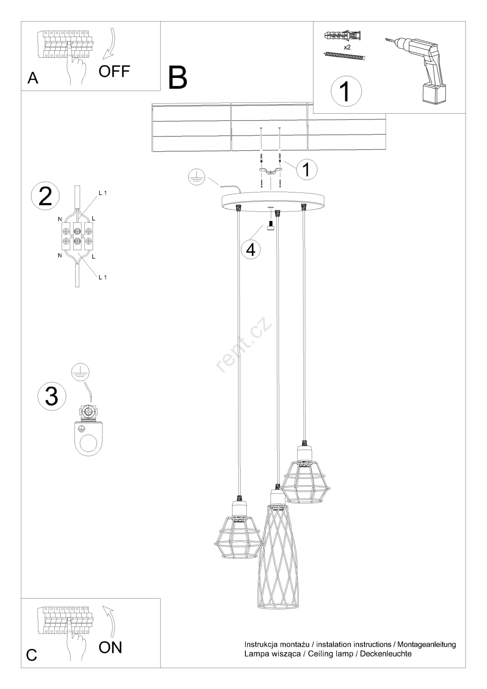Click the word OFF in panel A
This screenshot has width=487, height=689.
coord(114,71)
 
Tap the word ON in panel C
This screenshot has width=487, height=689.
coord(110,647)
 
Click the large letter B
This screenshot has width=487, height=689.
coord(177,78)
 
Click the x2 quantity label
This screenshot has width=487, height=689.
coord(347,47)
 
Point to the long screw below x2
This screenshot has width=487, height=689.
coord(344,56)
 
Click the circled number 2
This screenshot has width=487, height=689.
coord(46,196)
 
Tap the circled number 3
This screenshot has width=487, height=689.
coord(52,396)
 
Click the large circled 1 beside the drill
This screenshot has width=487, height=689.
coord(346,91)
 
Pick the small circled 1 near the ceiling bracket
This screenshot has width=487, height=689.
coord(307,169)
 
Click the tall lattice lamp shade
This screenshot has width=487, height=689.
coord(278,582)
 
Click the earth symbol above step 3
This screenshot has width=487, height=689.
coord(80,372)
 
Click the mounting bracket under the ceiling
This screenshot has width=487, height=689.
coord(270,171)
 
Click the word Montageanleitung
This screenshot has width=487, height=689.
coord(426,644)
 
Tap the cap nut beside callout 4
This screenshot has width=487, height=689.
coord(271,225)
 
